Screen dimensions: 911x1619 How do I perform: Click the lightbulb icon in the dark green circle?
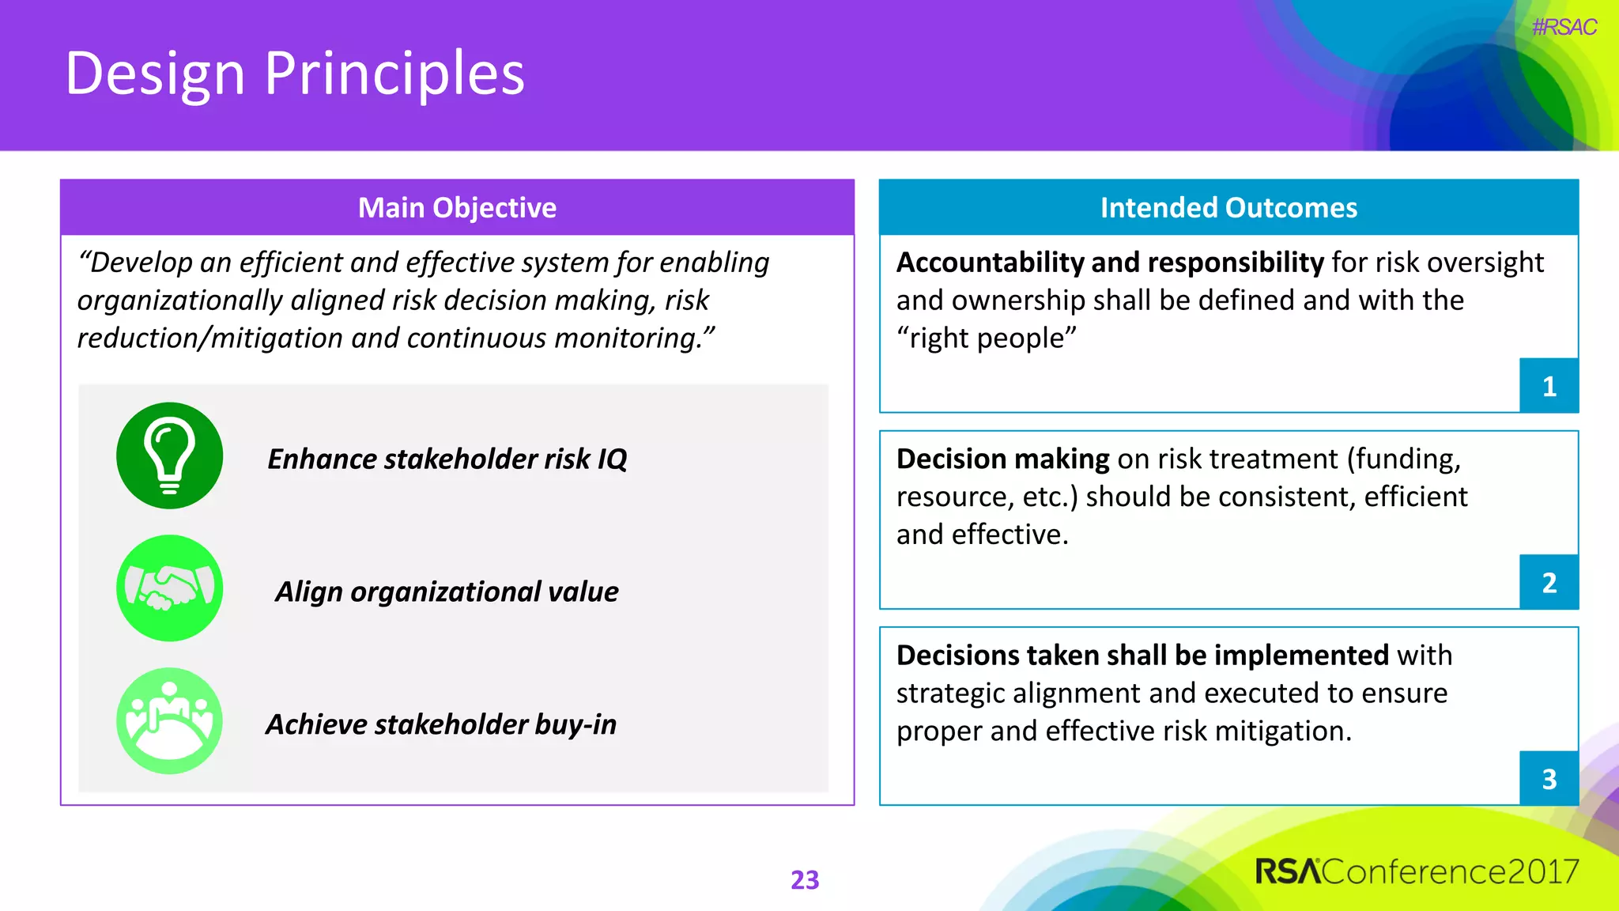169,455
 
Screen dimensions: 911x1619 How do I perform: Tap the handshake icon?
169,588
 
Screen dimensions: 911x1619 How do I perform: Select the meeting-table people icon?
169,720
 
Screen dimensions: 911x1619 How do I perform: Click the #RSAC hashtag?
1563,28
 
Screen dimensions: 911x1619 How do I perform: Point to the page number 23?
805,879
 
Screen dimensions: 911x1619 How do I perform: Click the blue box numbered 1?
1549,386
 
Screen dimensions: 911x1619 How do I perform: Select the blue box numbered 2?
1549,583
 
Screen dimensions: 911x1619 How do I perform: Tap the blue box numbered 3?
1549,779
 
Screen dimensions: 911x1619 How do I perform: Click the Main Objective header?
457,208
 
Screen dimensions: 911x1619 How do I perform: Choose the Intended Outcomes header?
1228,208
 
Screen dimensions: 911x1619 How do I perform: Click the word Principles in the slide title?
394,74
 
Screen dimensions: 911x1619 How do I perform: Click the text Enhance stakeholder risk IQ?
447,459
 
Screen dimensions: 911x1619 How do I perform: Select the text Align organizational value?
447,592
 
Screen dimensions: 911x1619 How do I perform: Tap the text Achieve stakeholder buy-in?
441,724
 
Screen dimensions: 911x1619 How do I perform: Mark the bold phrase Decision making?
1002,459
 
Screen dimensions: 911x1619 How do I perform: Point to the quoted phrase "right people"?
986,338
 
